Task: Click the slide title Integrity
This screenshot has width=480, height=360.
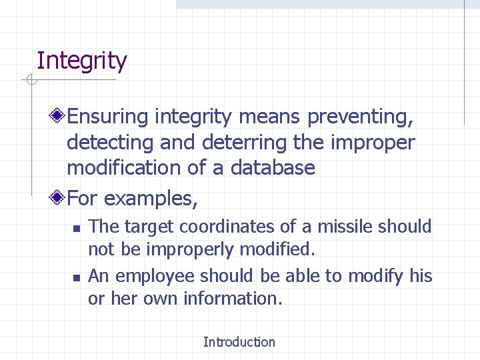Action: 81,61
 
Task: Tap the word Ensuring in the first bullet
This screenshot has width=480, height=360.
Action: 108,117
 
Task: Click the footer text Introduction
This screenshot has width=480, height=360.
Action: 239,342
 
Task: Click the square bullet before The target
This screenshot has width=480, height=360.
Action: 76,229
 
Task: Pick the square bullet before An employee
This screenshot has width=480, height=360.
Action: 76,277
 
